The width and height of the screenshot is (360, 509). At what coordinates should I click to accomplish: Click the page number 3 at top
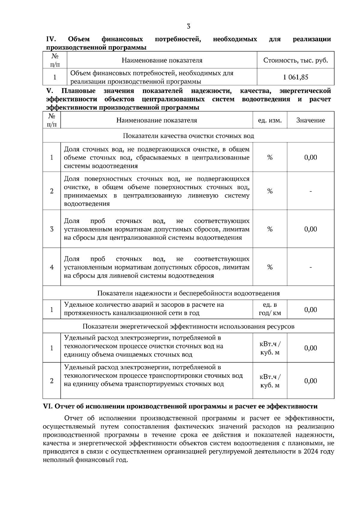188,26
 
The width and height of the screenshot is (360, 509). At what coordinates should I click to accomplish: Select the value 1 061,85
295,77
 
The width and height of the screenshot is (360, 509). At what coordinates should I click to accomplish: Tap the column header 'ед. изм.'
270,121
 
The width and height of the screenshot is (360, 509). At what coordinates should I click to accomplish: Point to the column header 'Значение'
310,121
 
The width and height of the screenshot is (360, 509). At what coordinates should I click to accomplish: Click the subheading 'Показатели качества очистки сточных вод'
188,136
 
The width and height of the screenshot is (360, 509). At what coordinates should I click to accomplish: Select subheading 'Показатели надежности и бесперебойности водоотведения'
188,293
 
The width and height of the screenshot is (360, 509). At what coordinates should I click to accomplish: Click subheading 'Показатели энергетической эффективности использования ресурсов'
188,326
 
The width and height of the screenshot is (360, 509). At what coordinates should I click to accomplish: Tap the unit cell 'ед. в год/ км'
270,309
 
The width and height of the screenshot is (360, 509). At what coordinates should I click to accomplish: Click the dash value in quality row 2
310,191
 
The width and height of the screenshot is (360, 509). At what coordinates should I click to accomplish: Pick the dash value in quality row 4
310,267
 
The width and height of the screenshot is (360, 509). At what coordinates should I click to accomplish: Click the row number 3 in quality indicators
52,229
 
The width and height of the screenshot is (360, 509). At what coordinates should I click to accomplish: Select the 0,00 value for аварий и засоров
310,310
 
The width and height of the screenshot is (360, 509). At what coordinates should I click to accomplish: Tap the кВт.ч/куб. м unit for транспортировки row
270,381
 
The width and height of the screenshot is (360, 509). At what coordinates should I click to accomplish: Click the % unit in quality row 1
270,158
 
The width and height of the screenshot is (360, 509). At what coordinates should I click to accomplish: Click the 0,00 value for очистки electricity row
310,348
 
